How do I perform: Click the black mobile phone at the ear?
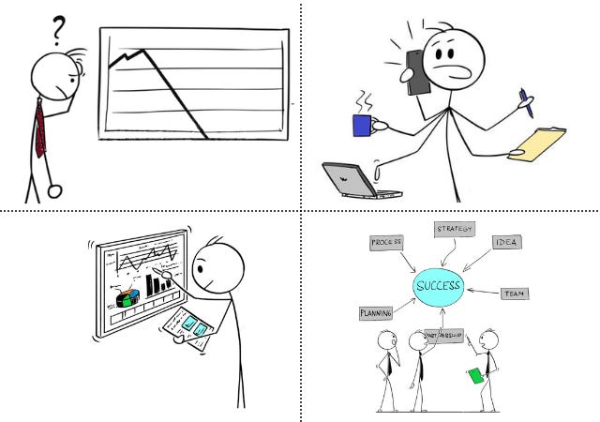pyautogui.click(x=416, y=70)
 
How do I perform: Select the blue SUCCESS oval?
pyautogui.click(x=439, y=285)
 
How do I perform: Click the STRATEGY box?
pyautogui.click(x=455, y=229)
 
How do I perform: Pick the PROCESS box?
pyautogui.click(x=385, y=243)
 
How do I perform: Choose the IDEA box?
pyautogui.click(x=507, y=243)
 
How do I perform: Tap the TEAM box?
pyautogui.click(x=514, y=294)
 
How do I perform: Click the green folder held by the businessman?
pyautogui.click(x=476, y=376)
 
